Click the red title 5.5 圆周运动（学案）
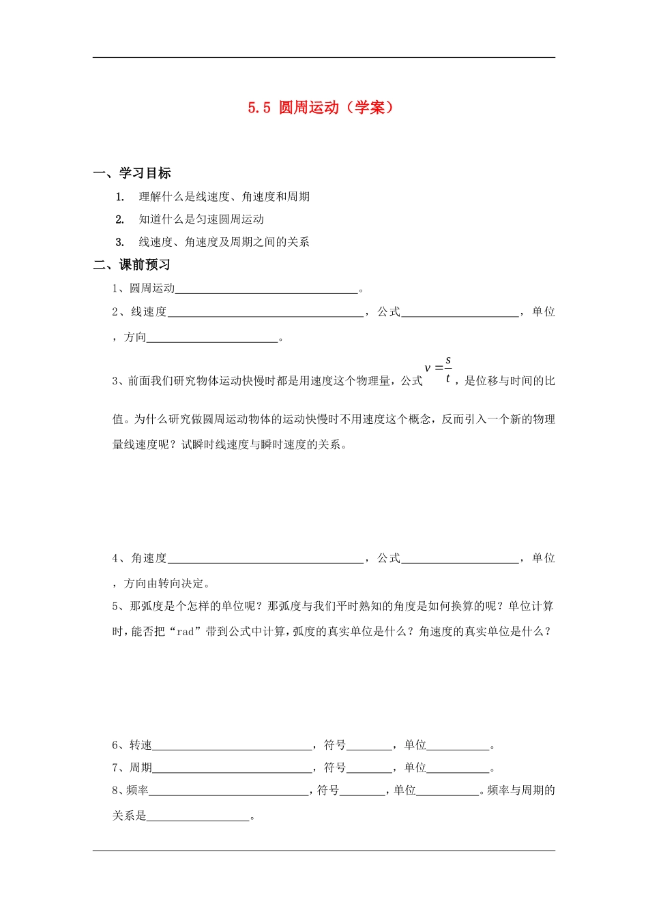(321, 108)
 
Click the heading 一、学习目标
(132, 173)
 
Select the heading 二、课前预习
(132, 264)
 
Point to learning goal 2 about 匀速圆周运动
(201, 219)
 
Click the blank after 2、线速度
(265, 313)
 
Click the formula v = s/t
(438, 369)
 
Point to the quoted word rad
(185, 632)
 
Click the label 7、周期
(132, 768)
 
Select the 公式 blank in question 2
(460, 313)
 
